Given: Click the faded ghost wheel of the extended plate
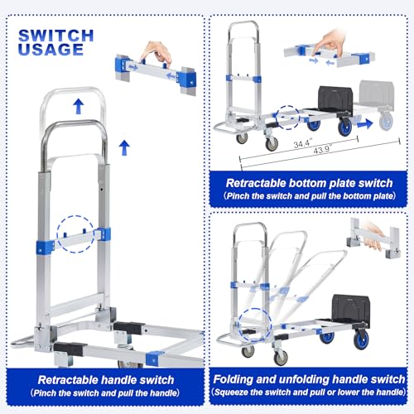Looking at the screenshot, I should coord(388,122).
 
